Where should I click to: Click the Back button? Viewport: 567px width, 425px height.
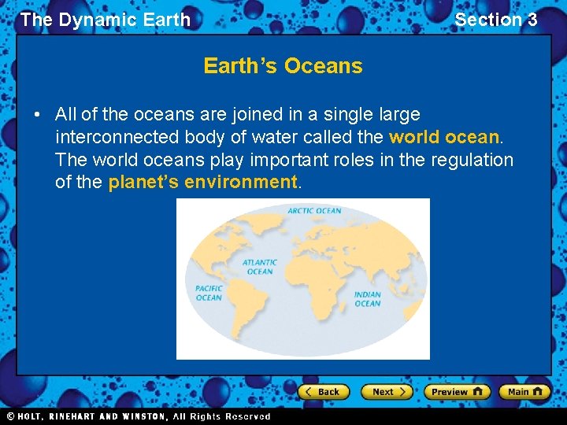click(x=323, y=392)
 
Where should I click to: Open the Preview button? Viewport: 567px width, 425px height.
click(x=457, y=392)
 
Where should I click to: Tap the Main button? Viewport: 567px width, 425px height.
click(x=524, y=392)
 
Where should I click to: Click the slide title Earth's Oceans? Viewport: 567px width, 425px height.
click(x=283, y=66)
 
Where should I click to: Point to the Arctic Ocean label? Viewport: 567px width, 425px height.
click(x=314, y=211)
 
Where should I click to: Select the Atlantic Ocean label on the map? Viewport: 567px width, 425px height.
click(x=259, y=267)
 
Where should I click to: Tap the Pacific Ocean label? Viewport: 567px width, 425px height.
click(x=209, y=293)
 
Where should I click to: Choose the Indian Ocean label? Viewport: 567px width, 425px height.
click(x=367, y=299)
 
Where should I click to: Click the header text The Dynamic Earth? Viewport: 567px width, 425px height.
click(x=106, y=20)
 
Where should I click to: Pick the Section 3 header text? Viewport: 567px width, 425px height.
click(x=496, y=20)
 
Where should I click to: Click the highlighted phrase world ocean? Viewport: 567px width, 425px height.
click(x=444, y=137)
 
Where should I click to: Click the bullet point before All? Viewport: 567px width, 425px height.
click(x=37, y=115)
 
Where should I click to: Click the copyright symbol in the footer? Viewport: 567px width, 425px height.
click(x=10, y=416)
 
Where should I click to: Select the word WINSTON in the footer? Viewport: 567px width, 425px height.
click(x=144, y=416)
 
